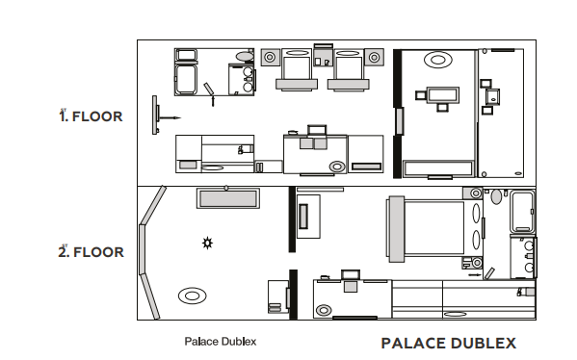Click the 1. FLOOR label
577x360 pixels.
tap(91, 116)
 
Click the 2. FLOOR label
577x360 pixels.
tap(91, 252)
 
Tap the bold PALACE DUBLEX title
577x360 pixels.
tap(449, 343)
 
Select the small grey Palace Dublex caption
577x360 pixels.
tap(221, 342)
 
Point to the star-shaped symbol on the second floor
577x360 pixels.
tap(207, 244)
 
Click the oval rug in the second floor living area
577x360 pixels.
tap(192, 296)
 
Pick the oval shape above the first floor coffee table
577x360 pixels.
tap(438, 60)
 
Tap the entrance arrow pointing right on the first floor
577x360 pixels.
tap(169, 118)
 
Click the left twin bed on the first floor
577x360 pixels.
tap(297, 69)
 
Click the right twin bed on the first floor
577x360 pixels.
tap(348, 69)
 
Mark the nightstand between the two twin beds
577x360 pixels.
tap(323, 57)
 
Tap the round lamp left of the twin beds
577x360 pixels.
tap(270, 57)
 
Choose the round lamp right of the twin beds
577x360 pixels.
tap(375, 57)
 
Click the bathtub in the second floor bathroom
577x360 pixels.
tap(522, 212)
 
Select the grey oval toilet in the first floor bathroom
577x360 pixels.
tap(245, 56)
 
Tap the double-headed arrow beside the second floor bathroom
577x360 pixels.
tap(475, 274)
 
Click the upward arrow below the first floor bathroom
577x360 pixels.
tap(213, 100)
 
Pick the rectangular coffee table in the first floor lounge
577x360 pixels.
tap(443, 95)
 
